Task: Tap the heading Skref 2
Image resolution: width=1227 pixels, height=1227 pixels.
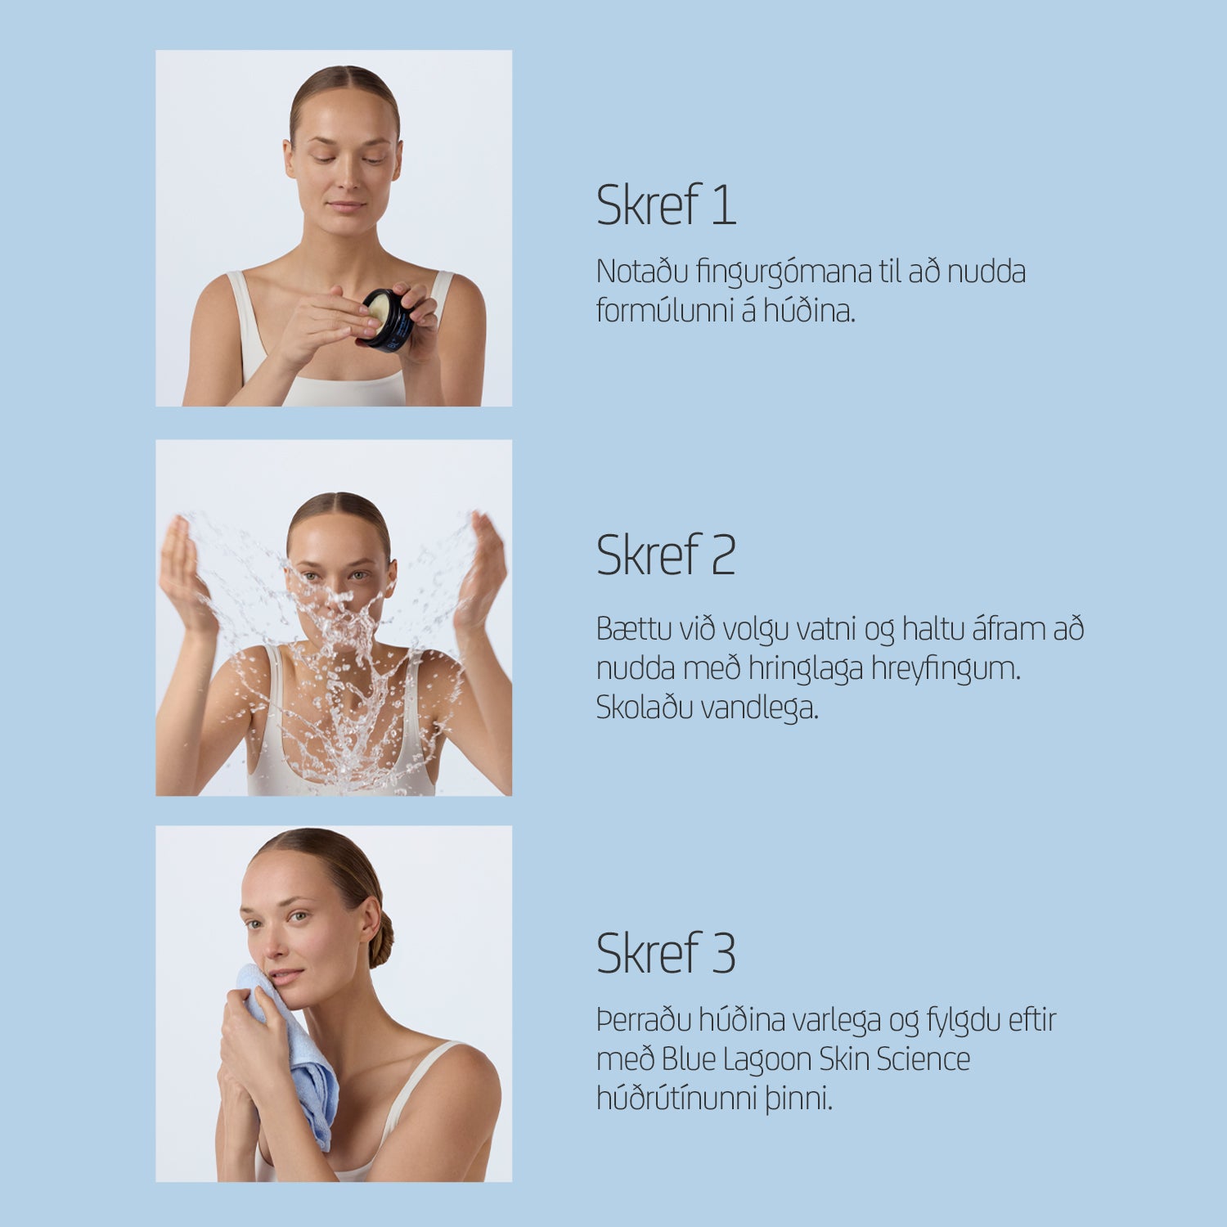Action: [666, 555]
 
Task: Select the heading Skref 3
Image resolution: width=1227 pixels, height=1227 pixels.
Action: [666, 953]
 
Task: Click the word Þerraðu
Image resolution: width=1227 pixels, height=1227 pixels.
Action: [644, 1021]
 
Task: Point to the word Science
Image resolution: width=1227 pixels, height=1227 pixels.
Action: [923, 1059]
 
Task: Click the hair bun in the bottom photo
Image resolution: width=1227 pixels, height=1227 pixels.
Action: [382, 941]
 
